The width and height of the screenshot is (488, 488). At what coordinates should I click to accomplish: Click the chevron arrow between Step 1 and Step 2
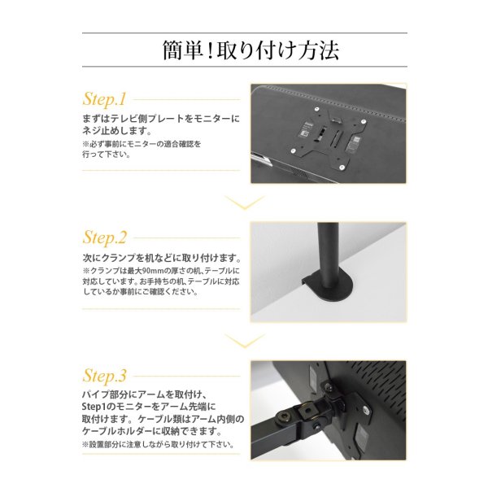(x=243, y=203)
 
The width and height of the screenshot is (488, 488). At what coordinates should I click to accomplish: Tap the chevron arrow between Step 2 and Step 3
(x=243, y=340)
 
